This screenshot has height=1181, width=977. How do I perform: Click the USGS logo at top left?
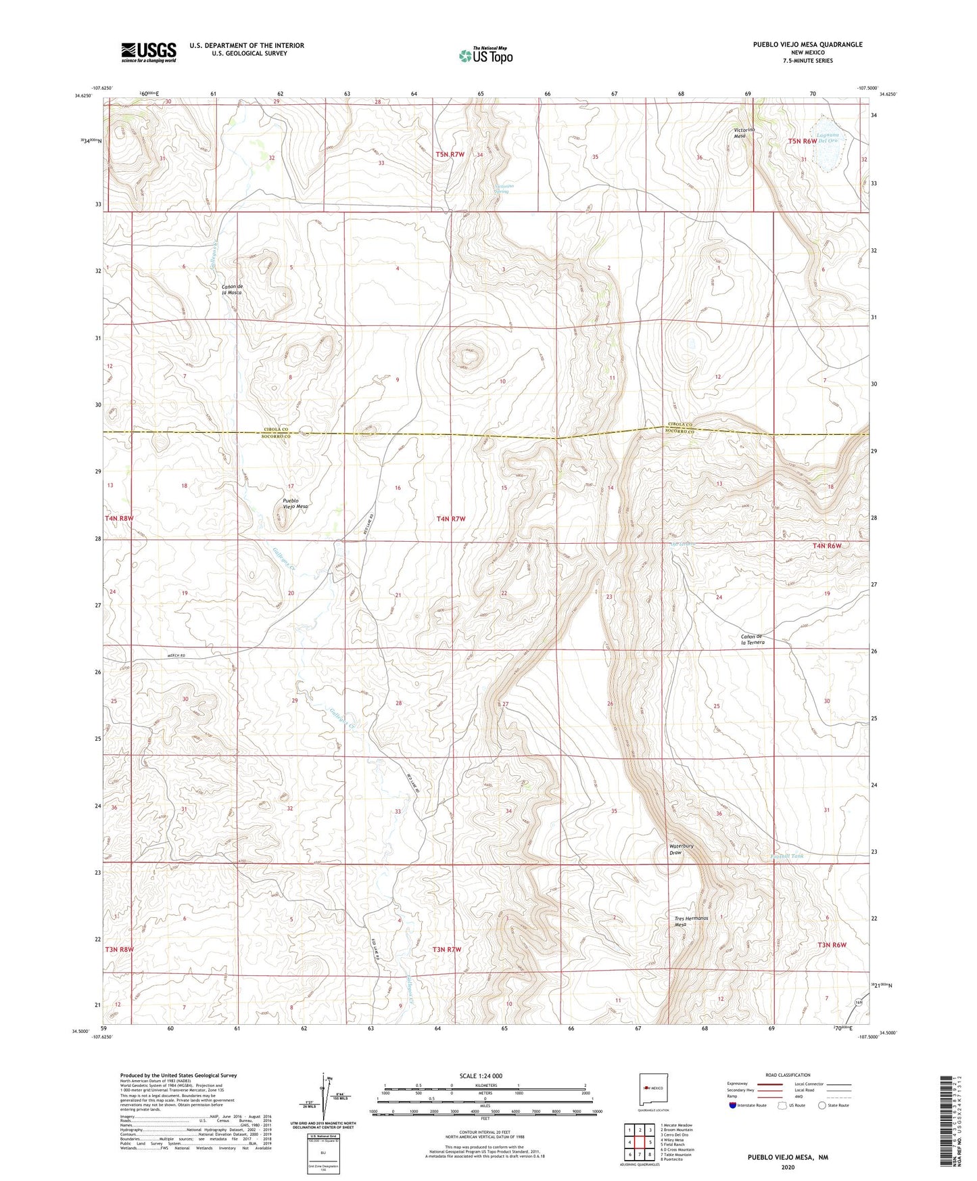(149, 51)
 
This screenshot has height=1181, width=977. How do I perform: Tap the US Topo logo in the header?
(485, 55)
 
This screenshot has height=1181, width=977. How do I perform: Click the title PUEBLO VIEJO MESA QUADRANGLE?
(807, 45)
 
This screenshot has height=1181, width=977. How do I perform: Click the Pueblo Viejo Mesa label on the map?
(295, 503)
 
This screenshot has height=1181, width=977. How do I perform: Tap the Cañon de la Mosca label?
(232, 290)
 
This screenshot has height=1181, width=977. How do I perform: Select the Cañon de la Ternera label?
(753, 639)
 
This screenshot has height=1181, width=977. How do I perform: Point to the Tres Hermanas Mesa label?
(690, 922)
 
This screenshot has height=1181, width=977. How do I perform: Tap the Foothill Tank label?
(788, 856)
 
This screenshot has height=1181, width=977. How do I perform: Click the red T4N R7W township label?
(451, 519)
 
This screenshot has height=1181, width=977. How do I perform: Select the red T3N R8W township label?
(119, 950)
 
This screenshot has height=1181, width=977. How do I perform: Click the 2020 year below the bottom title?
(788, 1167)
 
